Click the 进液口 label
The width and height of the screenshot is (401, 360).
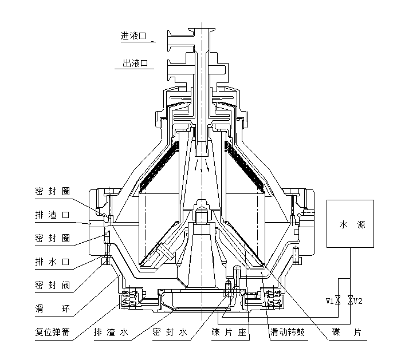(x=133, y=35)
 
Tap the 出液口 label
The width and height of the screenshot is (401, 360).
(x=135, y=64)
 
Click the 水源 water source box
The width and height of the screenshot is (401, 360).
(x=349, y=224)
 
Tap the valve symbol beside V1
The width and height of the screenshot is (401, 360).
(x=338, y=300)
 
